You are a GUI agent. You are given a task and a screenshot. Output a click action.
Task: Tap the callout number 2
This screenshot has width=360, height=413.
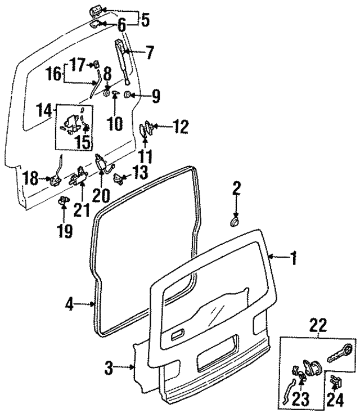[237, 188]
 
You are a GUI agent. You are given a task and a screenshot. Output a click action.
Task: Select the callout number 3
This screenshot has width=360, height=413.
[110, 369]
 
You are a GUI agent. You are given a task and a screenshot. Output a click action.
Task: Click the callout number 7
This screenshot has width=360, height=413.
[148, 54]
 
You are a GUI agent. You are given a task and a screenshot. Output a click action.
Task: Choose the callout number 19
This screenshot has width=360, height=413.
[65, 231]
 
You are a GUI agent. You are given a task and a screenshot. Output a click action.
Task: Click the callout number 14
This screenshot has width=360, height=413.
[44, 109]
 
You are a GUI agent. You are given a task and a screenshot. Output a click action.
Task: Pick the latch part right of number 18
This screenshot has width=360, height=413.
[55, 179]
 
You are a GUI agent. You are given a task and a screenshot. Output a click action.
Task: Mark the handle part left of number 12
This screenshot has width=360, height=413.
[143, 130]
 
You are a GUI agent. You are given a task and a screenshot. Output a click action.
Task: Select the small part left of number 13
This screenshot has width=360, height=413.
[119, 178]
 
